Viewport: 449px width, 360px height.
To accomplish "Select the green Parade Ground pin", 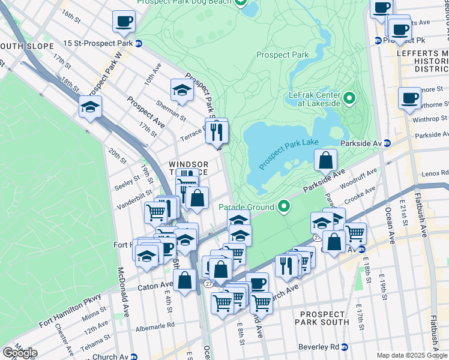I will tap(285, 207).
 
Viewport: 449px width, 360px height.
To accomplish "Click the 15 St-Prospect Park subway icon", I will tap(138, 43).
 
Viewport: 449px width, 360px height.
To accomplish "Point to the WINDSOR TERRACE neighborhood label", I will tap(188, 168).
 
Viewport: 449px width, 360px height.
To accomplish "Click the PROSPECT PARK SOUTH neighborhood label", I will tap(324, 318).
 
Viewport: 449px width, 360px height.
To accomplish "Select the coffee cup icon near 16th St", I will tap(124, 22).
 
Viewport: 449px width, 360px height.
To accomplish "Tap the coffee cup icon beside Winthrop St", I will tap(410, 98).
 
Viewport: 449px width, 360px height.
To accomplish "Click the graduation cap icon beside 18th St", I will tap(89, 107).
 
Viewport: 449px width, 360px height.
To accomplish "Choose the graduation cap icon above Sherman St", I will tap(182, 90).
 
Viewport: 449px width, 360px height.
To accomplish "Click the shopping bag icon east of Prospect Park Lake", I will tap(325, 160).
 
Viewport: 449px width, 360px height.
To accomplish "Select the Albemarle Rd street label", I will tap(154, 325).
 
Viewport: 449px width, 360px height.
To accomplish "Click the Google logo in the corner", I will tap(19, 353).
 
